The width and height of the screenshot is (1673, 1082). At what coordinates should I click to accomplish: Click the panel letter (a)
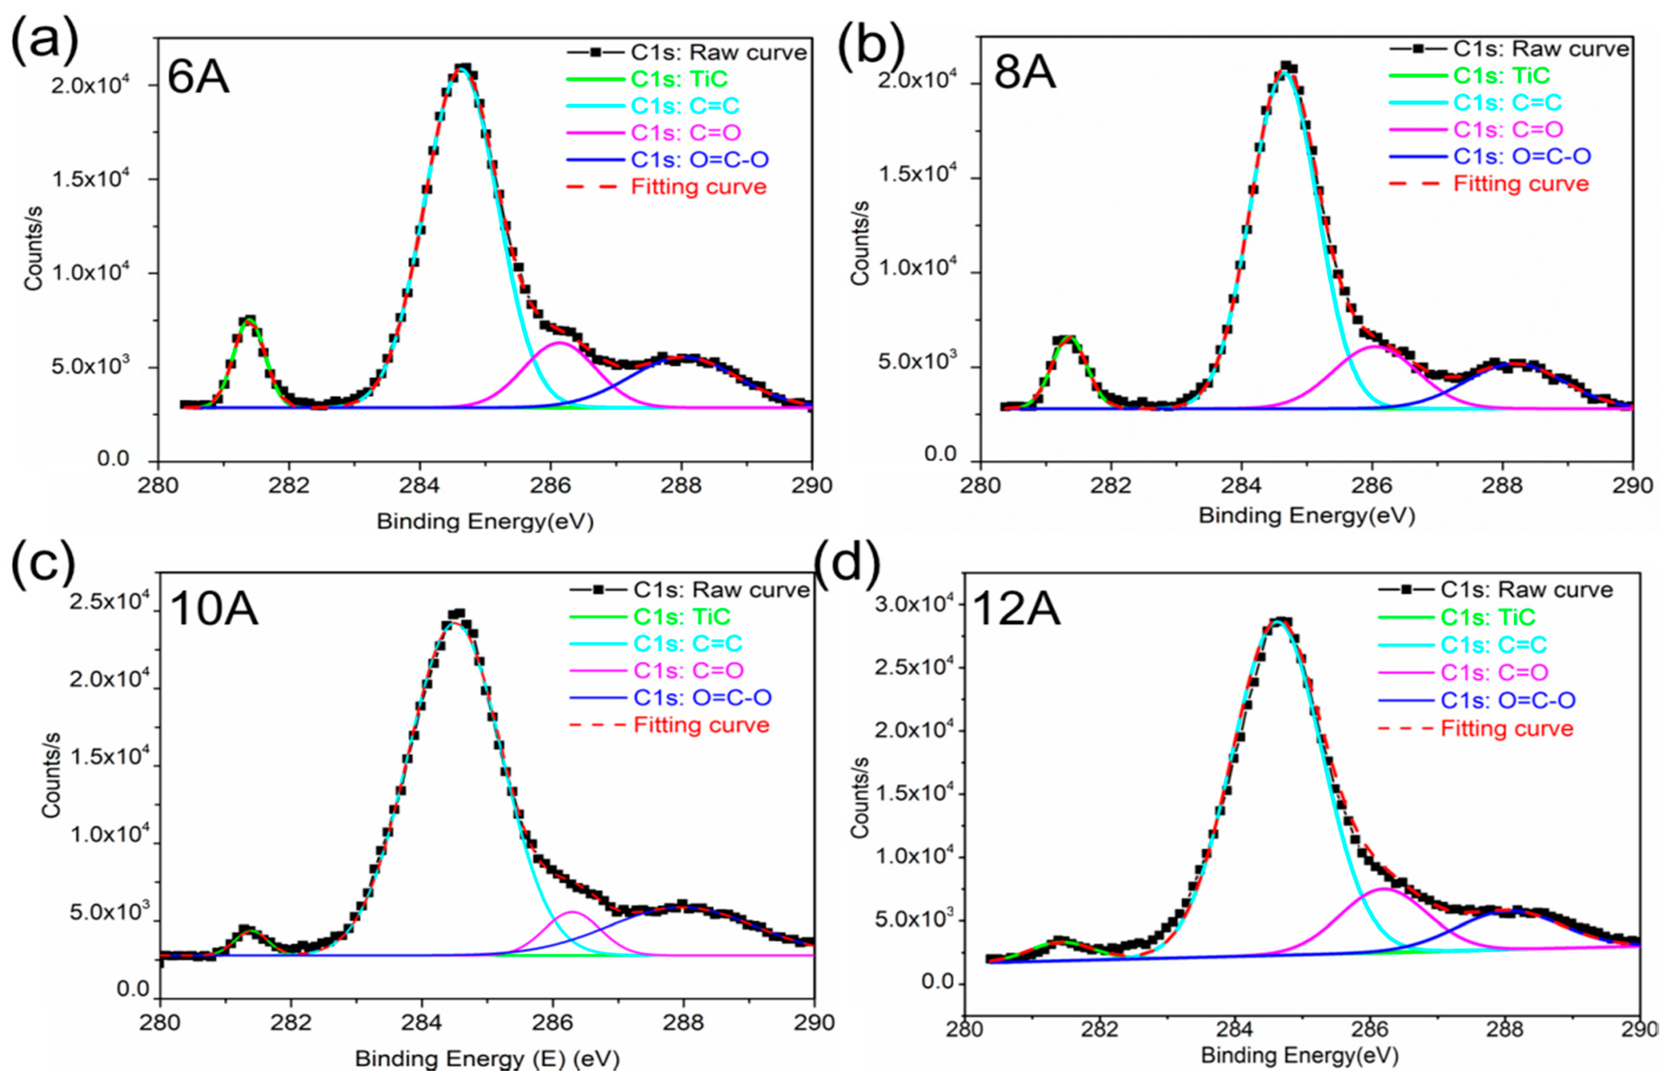(x=43, y=39)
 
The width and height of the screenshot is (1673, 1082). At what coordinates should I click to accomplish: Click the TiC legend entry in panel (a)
(x=679, y=79)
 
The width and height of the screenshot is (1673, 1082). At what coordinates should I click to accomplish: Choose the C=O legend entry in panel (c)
(x=688, y=670)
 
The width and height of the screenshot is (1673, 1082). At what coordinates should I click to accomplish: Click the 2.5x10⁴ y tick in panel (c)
(x=109, y=602)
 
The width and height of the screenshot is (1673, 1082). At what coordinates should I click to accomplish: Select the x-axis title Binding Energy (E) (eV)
(x=487, y=1058)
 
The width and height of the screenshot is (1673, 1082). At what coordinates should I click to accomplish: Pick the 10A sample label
(x=213, y=608)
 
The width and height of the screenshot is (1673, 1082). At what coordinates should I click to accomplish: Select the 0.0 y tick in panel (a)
(x=113, y=459)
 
